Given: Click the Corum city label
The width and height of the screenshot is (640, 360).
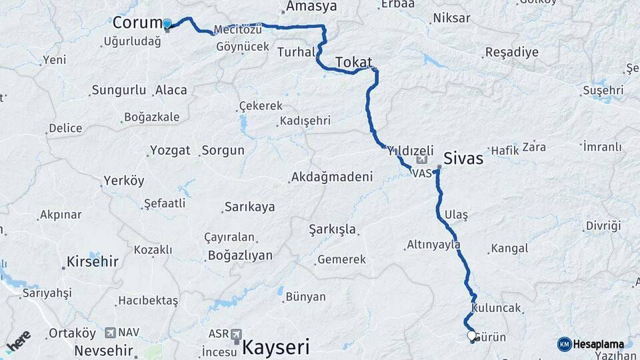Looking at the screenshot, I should click(137, 23).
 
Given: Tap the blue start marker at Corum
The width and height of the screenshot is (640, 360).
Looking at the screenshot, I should click(167, 24).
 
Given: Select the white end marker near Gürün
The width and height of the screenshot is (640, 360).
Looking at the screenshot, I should click(471, 335).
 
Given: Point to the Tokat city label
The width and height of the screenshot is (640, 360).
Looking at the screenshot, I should click(353, 62).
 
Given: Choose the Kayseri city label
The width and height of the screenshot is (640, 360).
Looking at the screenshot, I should click(276, 347).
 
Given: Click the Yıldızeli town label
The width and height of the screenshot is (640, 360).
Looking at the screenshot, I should click(411, 151).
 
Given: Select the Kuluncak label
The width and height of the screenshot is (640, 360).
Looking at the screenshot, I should click(495, 309).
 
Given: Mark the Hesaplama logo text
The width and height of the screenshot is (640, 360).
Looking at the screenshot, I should click(598, 344).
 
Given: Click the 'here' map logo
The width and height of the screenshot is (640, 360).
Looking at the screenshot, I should click(18, 341).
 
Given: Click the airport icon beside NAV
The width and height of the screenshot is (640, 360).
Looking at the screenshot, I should click(110, 332).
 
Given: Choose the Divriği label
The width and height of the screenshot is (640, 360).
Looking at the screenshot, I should click(603, 226).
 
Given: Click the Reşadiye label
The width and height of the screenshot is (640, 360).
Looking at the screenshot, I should click(511, 53).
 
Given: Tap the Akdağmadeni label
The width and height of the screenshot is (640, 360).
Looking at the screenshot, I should click(331, 177).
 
